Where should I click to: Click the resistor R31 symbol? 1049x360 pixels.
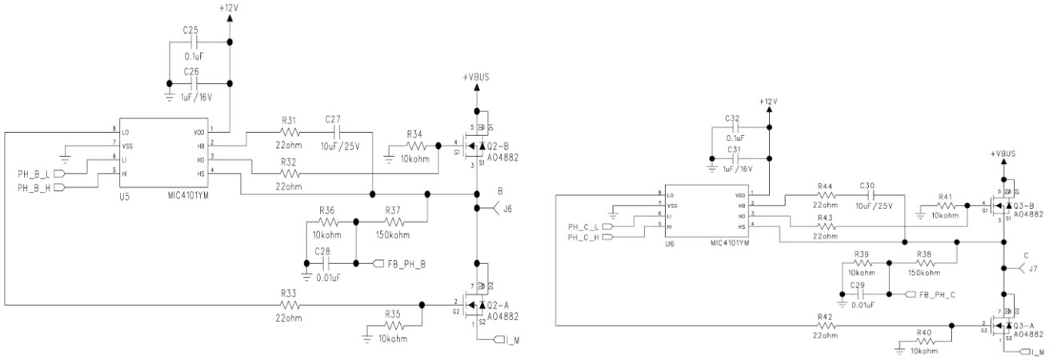point(289,133)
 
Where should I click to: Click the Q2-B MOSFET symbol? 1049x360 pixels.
point(473,146)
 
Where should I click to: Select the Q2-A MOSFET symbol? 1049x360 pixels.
point(473,305)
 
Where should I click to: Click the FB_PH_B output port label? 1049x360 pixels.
point(405,263)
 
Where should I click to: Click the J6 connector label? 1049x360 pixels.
point(505,210)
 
